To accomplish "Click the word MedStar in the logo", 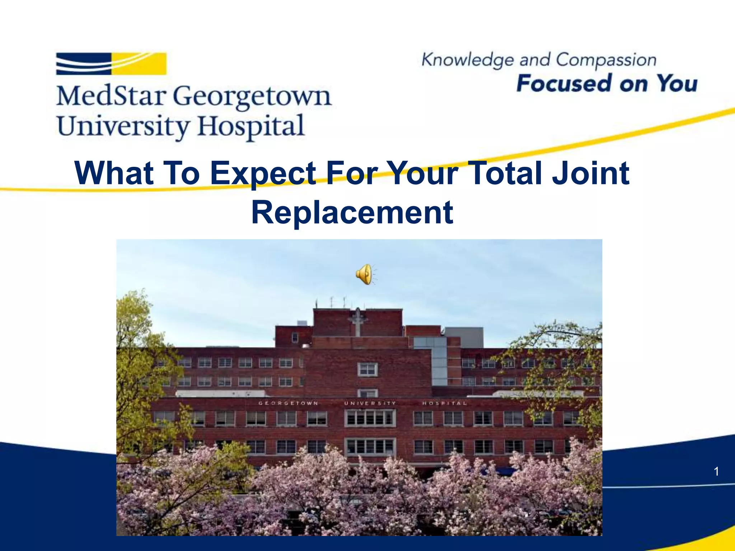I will [x=111, y=96].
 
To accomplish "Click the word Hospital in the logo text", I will [x=251, y=126].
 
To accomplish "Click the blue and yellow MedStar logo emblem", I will [x=111, y=64].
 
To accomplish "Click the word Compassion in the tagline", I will [x=606, y=60].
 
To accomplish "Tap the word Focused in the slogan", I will [x=564, y=84].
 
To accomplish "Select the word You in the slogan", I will [x=677, y=84].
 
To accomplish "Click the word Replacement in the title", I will [x=352, y=212].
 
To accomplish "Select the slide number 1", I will [x=716, y=471].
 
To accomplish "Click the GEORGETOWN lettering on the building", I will [x=288, y=403].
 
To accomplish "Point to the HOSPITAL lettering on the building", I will [x=444, y=403].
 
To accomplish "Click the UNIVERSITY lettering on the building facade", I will [x=370, y=403].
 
